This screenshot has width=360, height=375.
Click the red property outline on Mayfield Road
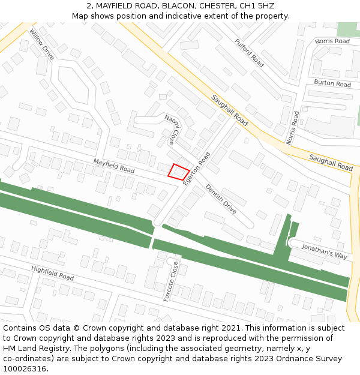[x=178, y=172]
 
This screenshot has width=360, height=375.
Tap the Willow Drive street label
[x=41, y=44]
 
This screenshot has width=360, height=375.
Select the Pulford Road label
[x=249, y=53]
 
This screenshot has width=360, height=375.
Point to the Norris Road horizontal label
[x=332, y=41]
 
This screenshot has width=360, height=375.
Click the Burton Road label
[x=332, y=83]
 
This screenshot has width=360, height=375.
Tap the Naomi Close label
[x=170, y=130]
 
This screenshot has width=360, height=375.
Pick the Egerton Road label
[x=197, y=168]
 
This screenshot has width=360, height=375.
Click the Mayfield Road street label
[x=113, y=166]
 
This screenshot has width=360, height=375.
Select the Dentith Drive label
[x=221, y=199]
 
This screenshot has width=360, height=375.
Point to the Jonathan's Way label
[x=324, y=251]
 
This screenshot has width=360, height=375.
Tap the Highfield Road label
[x=52, y=273]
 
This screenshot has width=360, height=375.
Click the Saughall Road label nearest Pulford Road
[x=229, y=110]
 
